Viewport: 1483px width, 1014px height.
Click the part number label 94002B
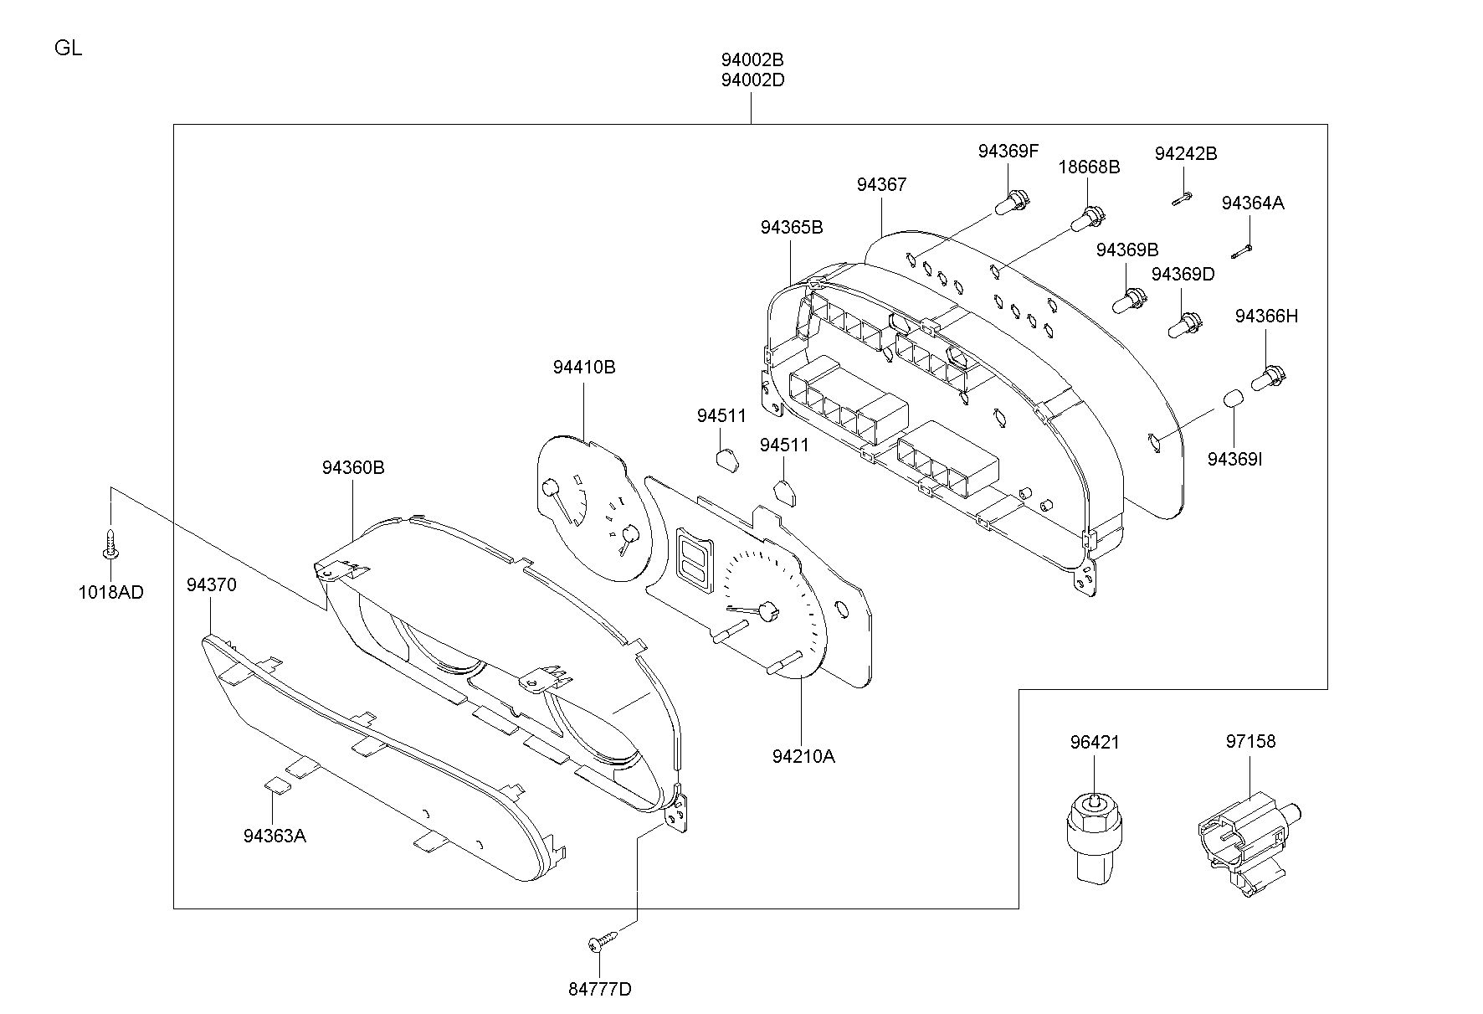(x=752, y=60)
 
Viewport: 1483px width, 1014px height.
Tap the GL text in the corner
(x=69, y=48)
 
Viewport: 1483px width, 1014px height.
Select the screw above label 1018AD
(x=110, y=543)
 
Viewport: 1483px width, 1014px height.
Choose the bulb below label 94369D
(x=1185, y=325)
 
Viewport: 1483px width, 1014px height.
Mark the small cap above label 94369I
(x=1230, y=398)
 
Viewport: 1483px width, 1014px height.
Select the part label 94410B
(x=584, y=367)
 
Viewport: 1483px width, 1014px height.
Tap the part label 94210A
(x=803, y=756)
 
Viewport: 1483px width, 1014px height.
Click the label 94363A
(x=275, y=836)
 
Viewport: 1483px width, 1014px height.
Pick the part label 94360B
(x=353, y=467)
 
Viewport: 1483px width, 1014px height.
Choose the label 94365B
(x=792, y=227)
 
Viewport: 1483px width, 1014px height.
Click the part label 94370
(x=211, y=584)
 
